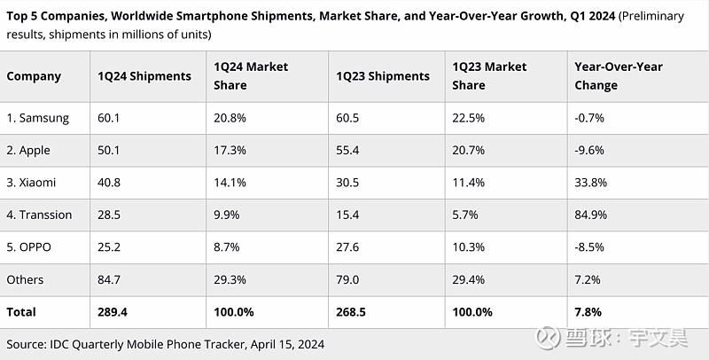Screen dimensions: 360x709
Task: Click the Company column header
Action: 34,76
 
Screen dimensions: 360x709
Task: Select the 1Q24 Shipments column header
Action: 144,76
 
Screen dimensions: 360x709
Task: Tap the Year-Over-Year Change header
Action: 618,76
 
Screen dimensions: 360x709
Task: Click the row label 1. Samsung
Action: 37,118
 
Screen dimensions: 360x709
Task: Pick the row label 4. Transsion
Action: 39,215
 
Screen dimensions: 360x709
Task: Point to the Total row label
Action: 21,312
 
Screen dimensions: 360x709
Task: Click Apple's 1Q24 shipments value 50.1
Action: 109,151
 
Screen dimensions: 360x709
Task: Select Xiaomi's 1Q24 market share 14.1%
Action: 230,183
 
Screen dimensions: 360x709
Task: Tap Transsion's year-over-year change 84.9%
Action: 592,215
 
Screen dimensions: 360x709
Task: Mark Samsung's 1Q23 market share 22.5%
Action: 468,118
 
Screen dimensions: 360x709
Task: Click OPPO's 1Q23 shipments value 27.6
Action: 347,247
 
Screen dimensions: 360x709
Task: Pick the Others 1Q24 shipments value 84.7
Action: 109,280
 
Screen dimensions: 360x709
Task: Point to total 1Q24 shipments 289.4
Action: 113,312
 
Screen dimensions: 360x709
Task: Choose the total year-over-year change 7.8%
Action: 588,312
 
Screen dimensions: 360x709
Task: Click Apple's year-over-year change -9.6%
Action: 590,151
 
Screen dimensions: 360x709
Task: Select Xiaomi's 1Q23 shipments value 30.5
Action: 348,183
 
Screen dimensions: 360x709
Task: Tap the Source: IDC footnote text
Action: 165,343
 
